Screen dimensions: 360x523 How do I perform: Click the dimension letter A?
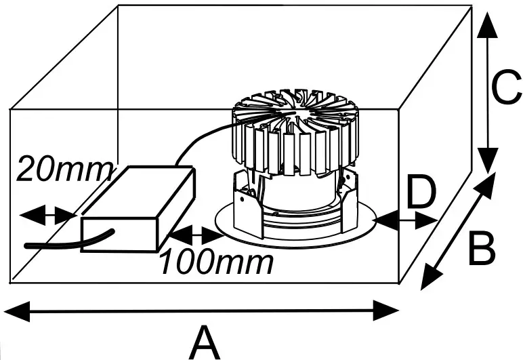(x=205, y=341)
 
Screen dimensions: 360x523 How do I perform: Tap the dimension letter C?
(x=507, y=89)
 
